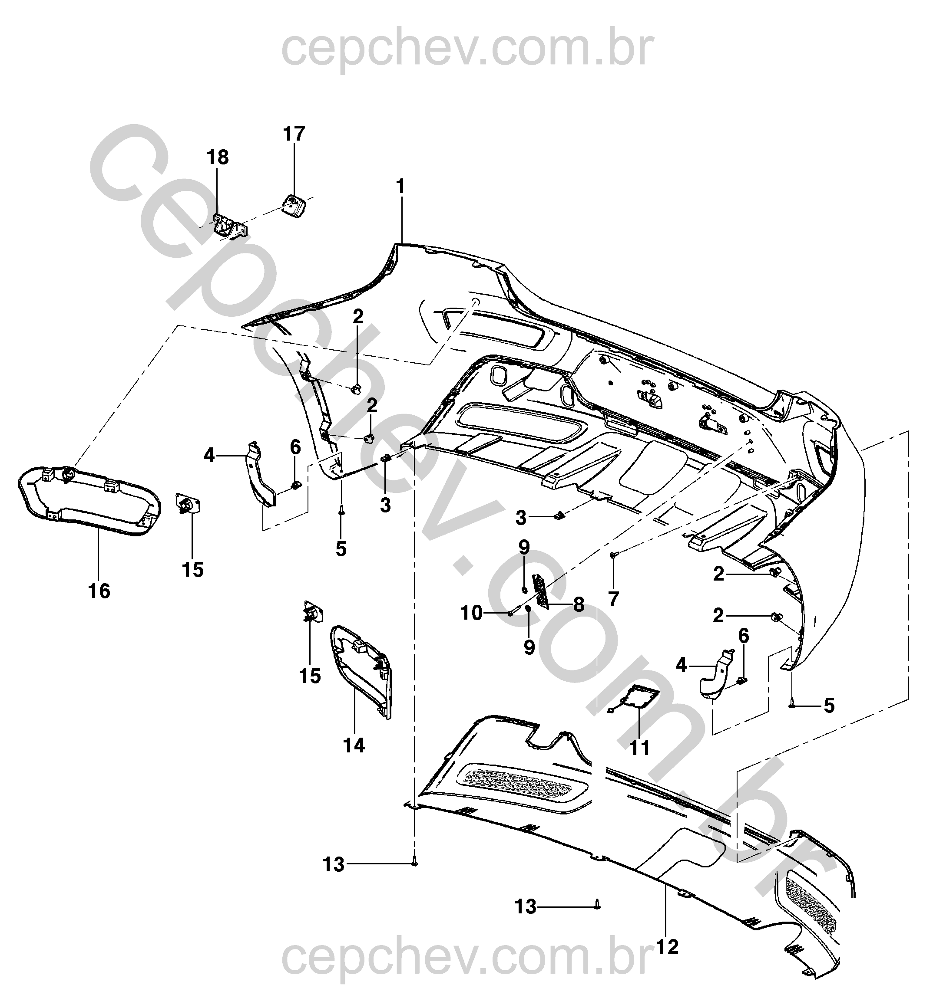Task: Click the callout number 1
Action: (x=400, y=187)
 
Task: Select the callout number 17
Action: (x=294, y=134)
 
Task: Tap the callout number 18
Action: (x=218, y=158)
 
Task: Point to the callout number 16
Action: (x=99, y=591)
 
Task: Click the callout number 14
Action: (x=354, y=745)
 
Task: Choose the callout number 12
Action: (x=667, y=947)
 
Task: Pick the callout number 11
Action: (x=640, y=748)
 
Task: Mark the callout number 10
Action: (x=472, y=613)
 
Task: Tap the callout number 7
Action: (x=613, y=598)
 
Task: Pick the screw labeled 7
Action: (x=613, y=555)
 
